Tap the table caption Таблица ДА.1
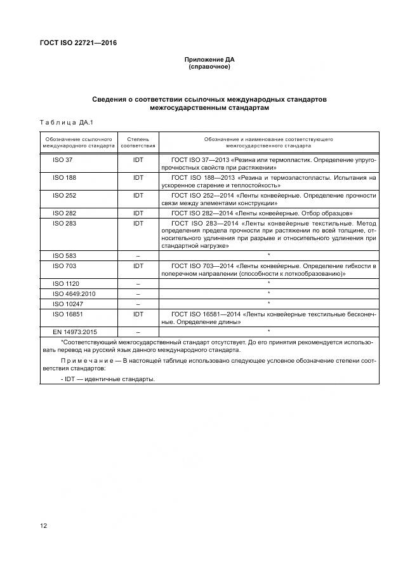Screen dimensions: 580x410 pyautogui.click(x=67, y=122)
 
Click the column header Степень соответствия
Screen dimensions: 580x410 pyautogui.click(x=138, y=142)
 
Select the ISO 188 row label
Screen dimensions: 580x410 pyautogui.click(x=64, y=177)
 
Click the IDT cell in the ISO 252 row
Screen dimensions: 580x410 pyautogui.click(x=138, y=196)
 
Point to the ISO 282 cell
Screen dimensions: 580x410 pyautogui.click(x=64, y=213)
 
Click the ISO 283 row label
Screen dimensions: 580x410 pyautogui.click(x=64, y=224)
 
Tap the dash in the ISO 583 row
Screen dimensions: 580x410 pyautogui.click(x=138, y=255)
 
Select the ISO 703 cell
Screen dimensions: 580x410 pyautogui.click(x=64, y=265)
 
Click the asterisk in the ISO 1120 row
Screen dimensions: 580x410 pyautogui.click(x=269, y=283)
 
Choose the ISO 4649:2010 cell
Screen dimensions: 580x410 pyautogui.click(x=72, y=293)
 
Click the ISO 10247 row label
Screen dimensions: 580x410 pyautogui.click(x=66, y=303)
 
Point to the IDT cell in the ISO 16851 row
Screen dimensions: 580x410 pyautogui.click(x=138, y=314)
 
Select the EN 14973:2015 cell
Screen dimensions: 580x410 pyautogui.click(x=74, y=332)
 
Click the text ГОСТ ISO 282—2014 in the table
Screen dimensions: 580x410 pyautogui.click(x=208, y=213)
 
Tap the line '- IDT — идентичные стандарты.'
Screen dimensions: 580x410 pyautogui.click(x=108, y=379)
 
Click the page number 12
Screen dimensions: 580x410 pyautogui.click(x=43, y=526)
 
